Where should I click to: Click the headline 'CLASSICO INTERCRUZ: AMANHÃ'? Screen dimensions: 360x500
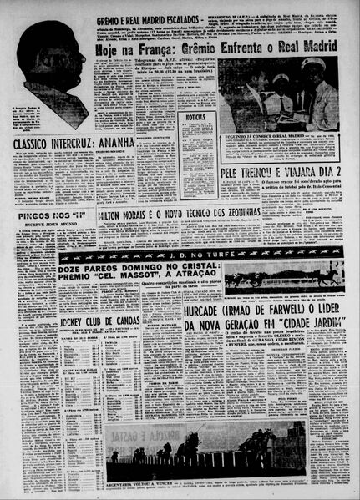click(x=74, y=143)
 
